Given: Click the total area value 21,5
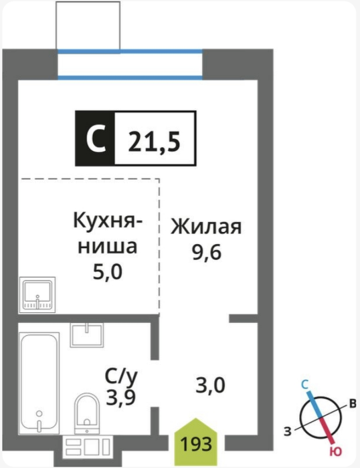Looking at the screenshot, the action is coord(154,141).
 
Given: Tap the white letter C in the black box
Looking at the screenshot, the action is coord(96,138).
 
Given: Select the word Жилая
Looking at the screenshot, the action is coord(206,227).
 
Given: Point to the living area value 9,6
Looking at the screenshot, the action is coord(207,253).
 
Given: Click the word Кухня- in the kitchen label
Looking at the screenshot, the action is coord(108,221).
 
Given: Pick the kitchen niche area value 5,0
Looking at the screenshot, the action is coord(108,272).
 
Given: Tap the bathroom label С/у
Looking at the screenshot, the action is coord(121,377).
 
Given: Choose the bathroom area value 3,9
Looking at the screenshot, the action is coord(121,397).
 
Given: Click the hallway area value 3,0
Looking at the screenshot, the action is coord(210,385).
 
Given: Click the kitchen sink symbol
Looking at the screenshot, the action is coord(37,295).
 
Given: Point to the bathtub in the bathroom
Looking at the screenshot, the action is coord(39,384).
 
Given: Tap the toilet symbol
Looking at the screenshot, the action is coord(86,414).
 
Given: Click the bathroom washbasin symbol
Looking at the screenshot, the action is coord(87,336).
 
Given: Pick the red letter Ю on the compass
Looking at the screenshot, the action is coord(336,452).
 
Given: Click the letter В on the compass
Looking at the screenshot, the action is coord(353,404).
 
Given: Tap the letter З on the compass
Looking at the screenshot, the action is coord(288,432).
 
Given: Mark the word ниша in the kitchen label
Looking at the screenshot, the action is coord(108,247).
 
